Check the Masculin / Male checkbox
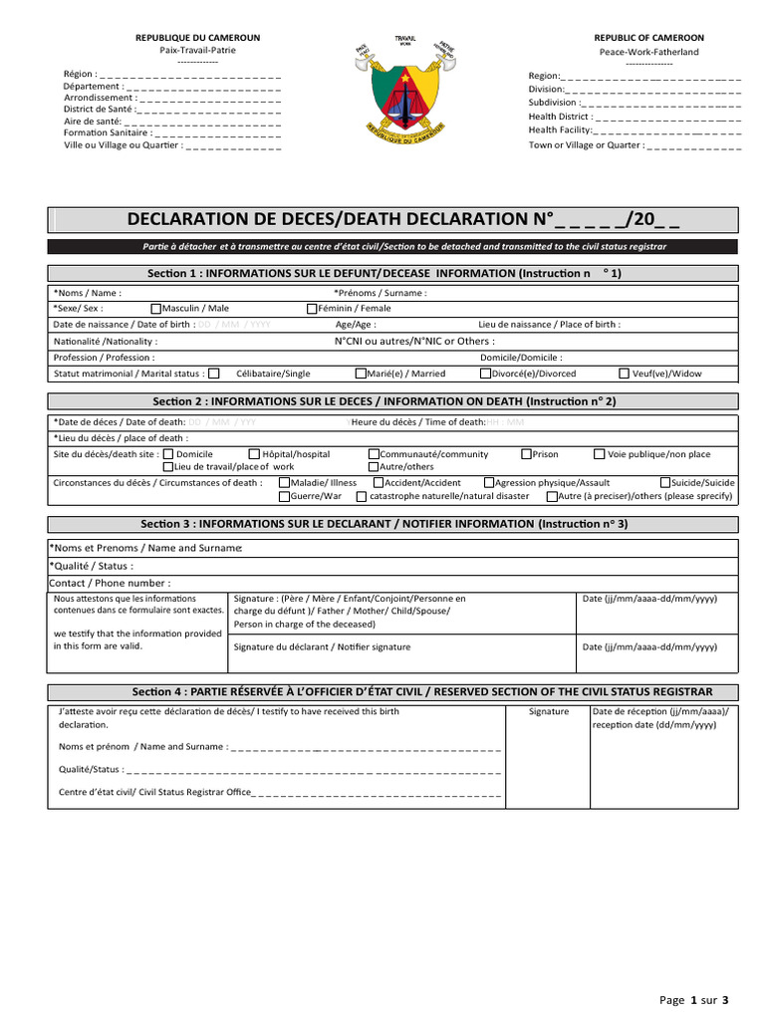(156, 309)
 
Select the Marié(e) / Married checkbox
(362, 374)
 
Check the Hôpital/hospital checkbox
(254, 454)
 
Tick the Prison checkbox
(527, 454)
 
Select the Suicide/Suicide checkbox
(664, 483)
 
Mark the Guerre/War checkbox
(284, 496)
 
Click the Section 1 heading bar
(392, 273)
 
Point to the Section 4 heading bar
(392, 692)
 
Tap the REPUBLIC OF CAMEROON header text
(648, 38)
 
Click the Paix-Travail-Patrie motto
(197, 50)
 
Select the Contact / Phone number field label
(110, 583)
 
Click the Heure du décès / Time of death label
(418, 422)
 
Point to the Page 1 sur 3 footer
(695, 999)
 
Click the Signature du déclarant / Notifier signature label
(321, 646)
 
